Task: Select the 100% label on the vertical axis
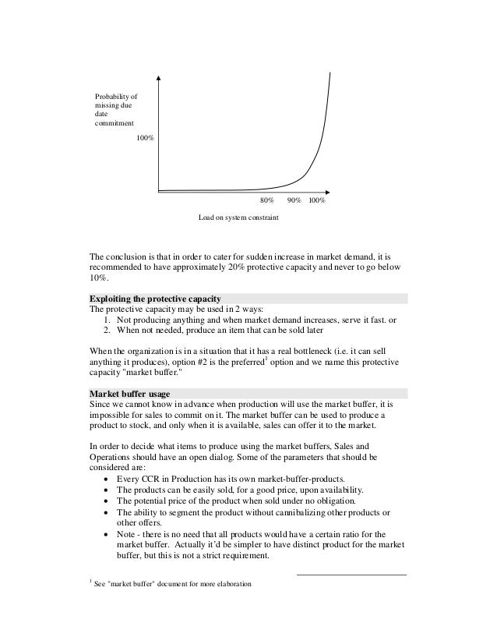[x=145, y=138]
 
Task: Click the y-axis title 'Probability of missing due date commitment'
[x=114, y=110]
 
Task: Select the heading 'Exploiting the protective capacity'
[x=156, y=299]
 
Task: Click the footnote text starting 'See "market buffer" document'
[x=171, y=585]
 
